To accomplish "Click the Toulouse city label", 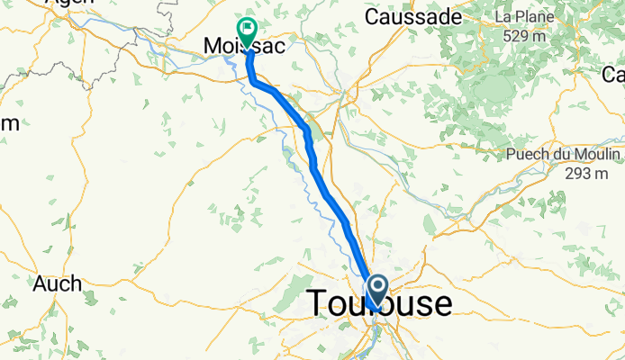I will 380,303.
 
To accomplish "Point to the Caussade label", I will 412,17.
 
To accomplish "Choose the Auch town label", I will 58,284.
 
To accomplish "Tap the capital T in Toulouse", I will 321,303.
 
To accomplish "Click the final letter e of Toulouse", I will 441,305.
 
